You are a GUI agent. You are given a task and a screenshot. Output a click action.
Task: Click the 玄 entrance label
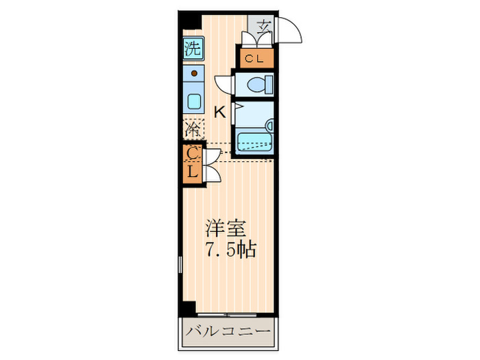pyautogui.click(x=264, y=27)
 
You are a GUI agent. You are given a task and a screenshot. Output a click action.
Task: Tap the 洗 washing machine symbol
pyautogui.click(x=193, y=48)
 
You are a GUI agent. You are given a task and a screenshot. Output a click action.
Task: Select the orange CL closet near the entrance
pyautogui.click(x=255, y=58)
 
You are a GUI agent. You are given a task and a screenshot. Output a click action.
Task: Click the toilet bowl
pyautogui.click(x=259, y=85)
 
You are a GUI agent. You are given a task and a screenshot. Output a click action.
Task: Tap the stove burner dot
pyautogui.click(x=194, y=72)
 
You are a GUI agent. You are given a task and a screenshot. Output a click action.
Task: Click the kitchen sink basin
pyautogui.click(x=193, y=104)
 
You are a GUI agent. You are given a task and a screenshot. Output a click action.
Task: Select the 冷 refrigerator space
pyautogui.click(x=193, y=128)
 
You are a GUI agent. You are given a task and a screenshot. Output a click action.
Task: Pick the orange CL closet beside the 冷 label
pyautogui.click(x=193, y=164)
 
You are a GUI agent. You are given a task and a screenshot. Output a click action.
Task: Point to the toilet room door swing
pyautogui.click(x=224, y=84)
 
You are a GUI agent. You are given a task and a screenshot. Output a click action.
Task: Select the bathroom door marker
pyautogui.click(x=235, y=108)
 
